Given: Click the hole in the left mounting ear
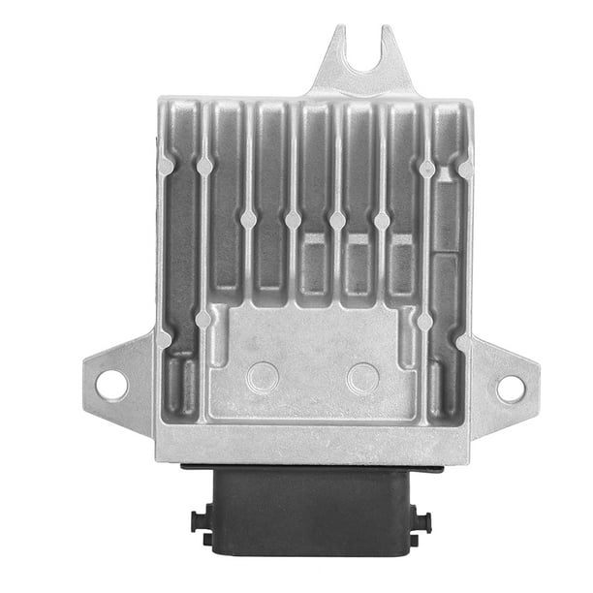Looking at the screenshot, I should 110,385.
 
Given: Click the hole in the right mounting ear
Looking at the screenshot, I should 511,388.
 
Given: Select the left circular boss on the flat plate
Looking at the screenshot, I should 263,376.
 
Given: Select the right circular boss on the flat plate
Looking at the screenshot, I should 362,376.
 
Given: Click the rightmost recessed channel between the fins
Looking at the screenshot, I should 447,223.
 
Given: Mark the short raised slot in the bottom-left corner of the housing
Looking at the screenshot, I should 183,385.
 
